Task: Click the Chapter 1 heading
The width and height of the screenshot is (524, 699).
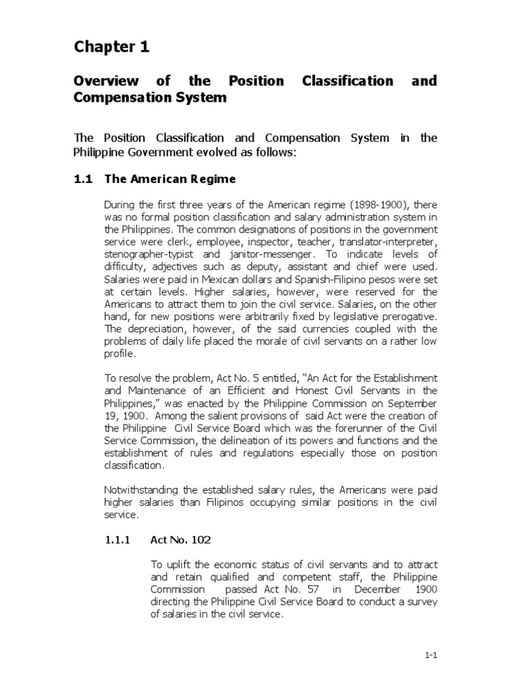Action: coord(111,47)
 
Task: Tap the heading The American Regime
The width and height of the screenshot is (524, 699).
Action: coord(170,179)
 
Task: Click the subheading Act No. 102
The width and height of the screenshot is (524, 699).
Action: coord(180,540)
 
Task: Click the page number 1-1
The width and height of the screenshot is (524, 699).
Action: coord(430,655)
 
